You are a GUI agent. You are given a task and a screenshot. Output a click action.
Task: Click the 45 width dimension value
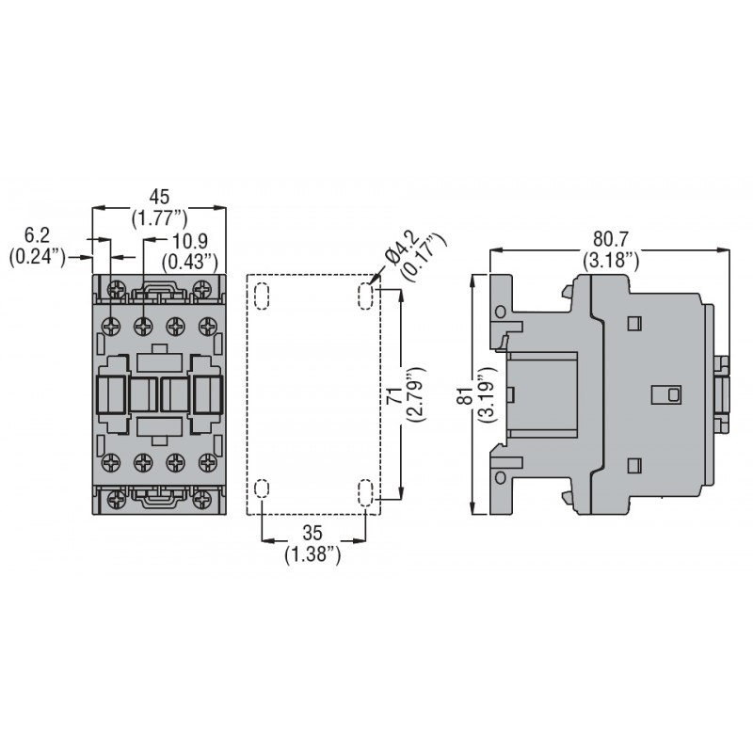click(159, 196)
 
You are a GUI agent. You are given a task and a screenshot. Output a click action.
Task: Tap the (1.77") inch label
click(159, 218)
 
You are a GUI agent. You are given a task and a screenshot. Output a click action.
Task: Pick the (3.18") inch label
click(611, 259)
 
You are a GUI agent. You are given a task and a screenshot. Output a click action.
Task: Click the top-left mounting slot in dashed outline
click(263, 295)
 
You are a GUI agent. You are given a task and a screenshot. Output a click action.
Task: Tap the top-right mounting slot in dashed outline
click(365, 295)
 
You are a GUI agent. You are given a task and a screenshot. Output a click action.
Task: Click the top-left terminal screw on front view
click(115, 326)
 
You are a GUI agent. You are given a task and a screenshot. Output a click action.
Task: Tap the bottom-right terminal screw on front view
click(201, 462)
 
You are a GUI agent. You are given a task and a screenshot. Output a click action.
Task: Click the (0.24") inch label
click(36, 256)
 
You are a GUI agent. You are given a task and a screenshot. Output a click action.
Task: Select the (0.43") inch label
click(190, 260)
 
